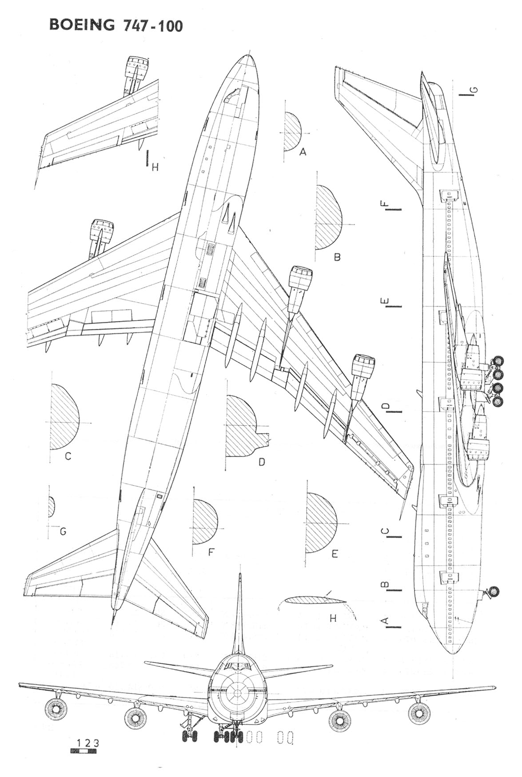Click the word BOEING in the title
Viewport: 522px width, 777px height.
pyautogui.click(x=82, y=25)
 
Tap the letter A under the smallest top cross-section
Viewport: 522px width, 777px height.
pyautogui.click(x=303, y=152)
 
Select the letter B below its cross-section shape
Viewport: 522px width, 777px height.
pyautogui.click(x=337, y=257)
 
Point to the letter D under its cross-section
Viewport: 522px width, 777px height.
pyautogui.click(x=262, y=462)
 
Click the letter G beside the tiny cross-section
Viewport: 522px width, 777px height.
pyautogui.click(x=63, y=531)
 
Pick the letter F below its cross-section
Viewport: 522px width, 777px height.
pyautogui.click(x=211, y=552)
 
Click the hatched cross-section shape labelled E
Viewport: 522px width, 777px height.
pyautogui.click(x=320, y=522)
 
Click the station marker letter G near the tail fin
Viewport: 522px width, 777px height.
pyautogui.click(x=474, y=91)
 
